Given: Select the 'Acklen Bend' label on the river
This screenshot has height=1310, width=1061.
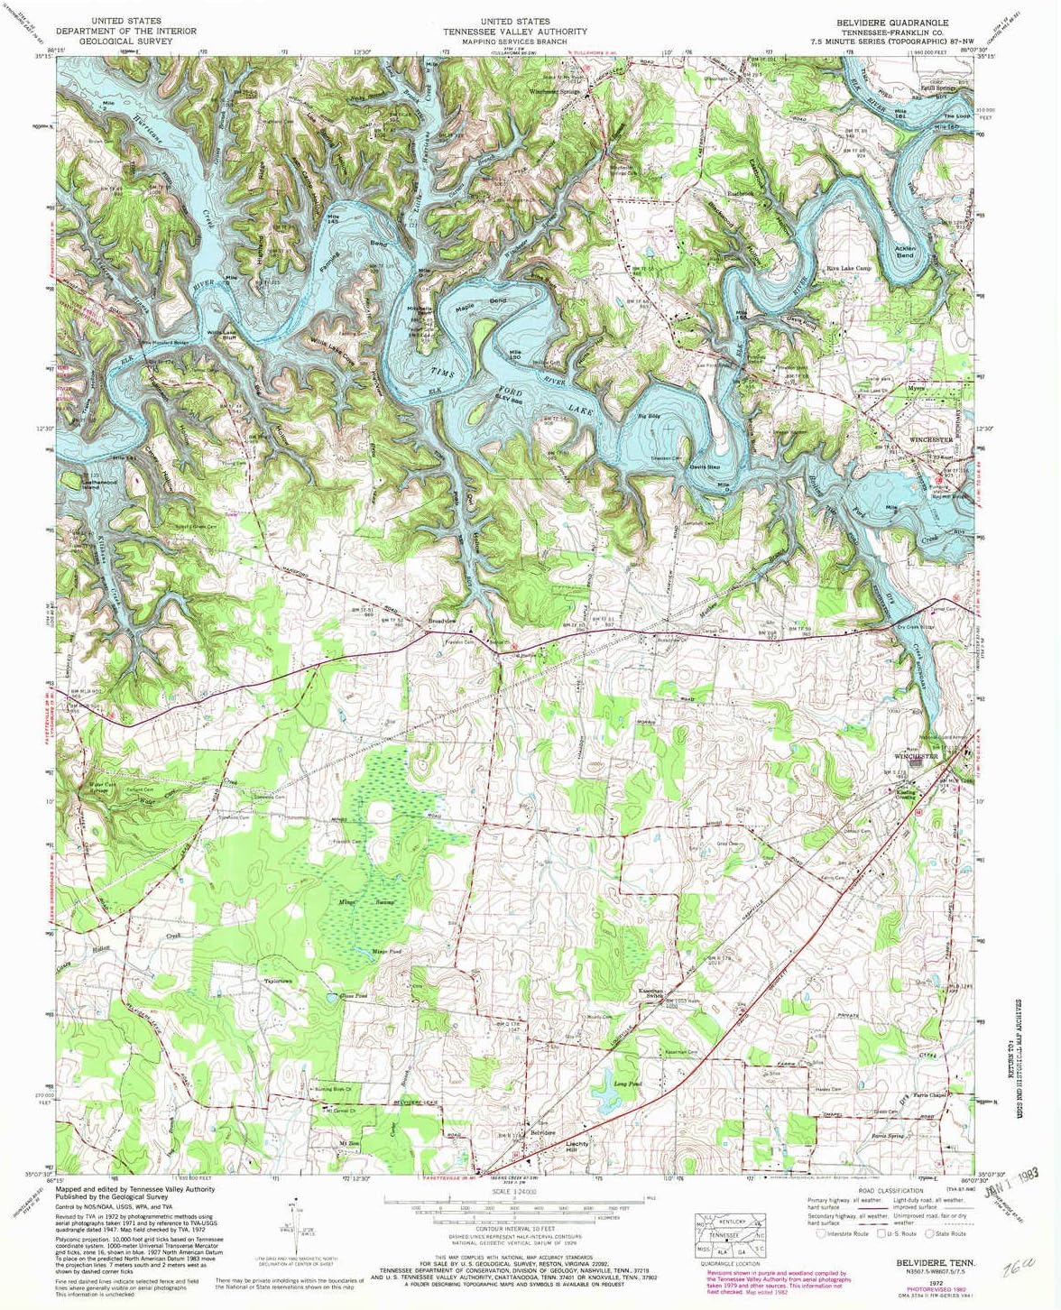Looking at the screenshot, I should (x=904, y=251).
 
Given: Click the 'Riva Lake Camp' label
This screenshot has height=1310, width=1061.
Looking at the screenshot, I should (x=849, y=268).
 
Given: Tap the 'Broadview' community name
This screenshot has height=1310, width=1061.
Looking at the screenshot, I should (x=443, y=623).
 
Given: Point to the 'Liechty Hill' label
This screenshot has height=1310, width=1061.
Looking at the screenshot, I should (x=577, y=1147).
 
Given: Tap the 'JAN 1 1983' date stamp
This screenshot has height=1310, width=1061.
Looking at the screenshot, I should (x=1012, y=1187).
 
